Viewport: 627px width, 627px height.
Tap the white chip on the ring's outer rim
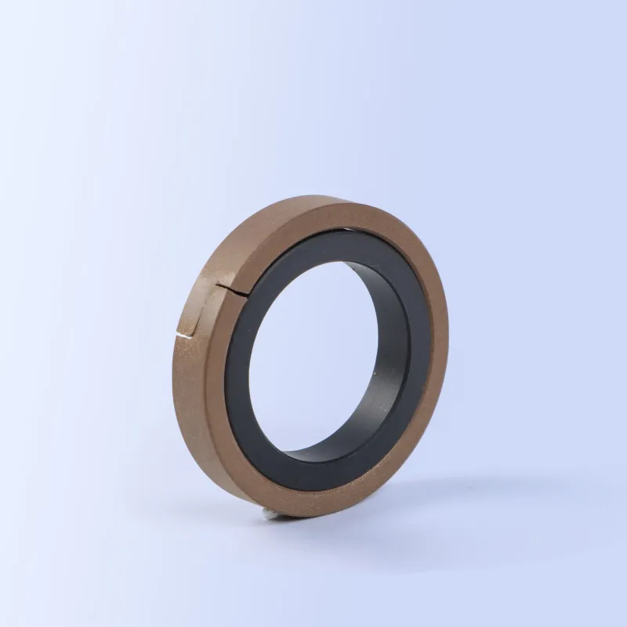coord(184,336)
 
